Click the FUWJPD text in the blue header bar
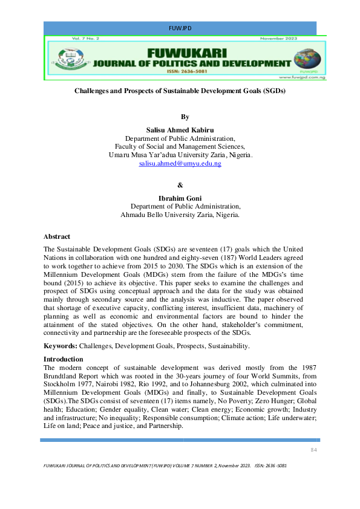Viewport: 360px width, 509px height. click(180, 28)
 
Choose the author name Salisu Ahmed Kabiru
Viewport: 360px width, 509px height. click(180, 130)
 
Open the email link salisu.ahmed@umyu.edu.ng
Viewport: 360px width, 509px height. click(180, 164)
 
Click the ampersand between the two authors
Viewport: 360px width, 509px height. click(179, 185)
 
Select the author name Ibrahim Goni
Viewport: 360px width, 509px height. click(180, 198)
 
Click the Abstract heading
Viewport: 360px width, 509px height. click(57, 236)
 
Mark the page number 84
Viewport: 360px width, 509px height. click(313, 450)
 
